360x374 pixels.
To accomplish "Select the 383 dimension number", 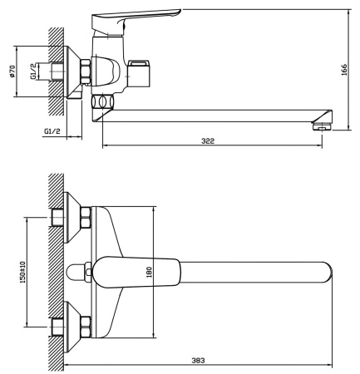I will (199, 360).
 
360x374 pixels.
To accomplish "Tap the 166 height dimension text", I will (344, 70).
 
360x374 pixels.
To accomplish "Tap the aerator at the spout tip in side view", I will (319, 125).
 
